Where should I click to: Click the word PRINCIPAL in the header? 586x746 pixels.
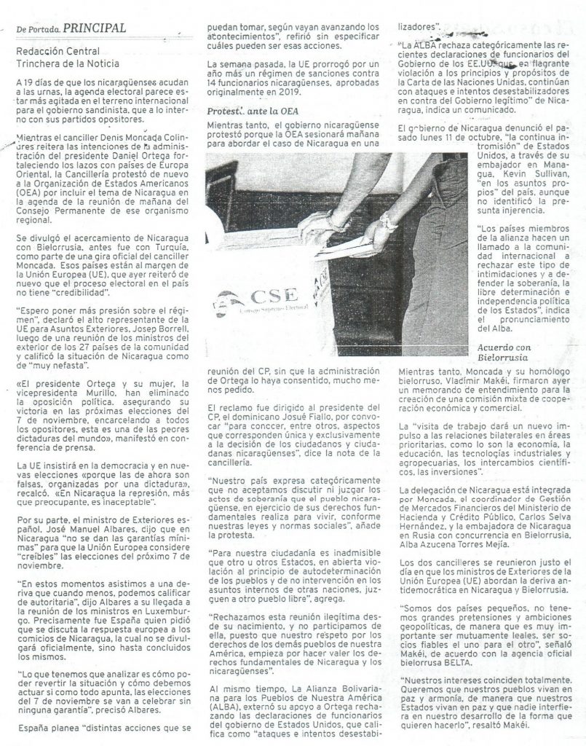coord(95,28)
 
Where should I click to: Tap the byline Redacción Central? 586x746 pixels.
coord(58,52)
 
